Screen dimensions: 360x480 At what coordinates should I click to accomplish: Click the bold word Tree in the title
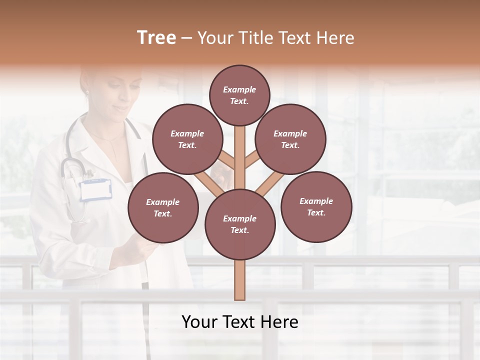click(156, 38)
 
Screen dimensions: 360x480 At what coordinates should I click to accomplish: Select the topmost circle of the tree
click(239, 95)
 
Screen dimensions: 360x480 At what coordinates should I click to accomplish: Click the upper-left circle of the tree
click(187, 139)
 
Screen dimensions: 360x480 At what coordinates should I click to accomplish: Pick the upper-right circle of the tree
click(290, 139)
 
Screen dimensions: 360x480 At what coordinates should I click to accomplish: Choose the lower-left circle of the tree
click(162, 207)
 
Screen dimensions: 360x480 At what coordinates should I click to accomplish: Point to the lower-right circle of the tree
click(316, 206)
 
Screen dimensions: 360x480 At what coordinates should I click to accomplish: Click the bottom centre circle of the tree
click(239, 224)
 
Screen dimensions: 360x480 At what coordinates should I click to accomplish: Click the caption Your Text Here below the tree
click(240, 322)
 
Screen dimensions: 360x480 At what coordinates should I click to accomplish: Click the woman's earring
click(86, 92)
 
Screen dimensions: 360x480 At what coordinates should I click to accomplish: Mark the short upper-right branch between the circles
click(252, 159)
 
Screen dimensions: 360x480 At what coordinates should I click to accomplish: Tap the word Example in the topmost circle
click(239, 90)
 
